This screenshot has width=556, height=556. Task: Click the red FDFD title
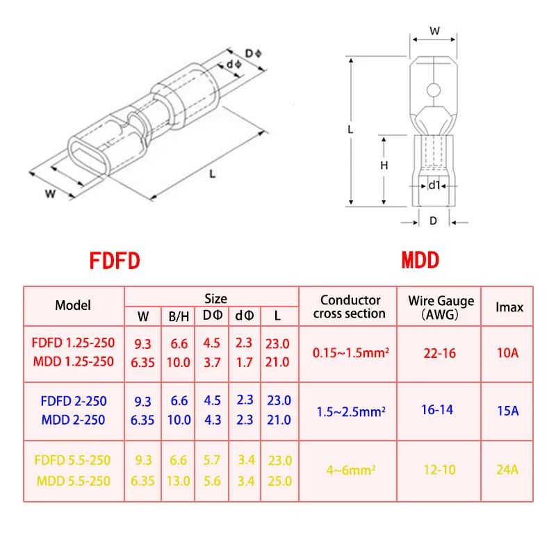click(115, 261)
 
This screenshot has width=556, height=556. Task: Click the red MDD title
click(420, 260)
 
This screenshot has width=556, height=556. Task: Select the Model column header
click(73, 305)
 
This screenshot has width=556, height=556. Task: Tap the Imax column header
click(509, 307)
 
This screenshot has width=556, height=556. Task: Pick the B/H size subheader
click(179, 316)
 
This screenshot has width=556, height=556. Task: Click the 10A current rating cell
click(508, 353)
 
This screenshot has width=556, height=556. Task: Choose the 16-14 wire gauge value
click(437, 410)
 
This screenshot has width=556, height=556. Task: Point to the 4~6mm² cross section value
click(351, 471)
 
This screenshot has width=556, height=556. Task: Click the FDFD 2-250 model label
click(74, 401)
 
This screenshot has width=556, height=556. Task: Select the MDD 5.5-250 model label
click(74, 481)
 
